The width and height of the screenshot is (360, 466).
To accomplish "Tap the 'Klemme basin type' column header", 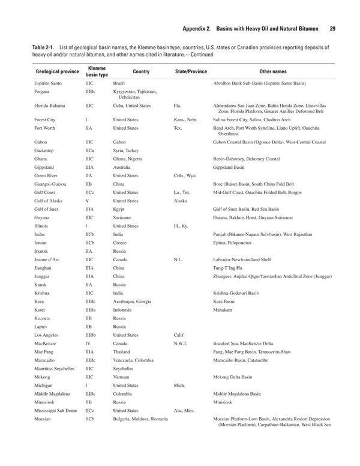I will click(97, 71).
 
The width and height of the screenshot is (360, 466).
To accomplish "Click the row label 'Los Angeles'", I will click(47, 334).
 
